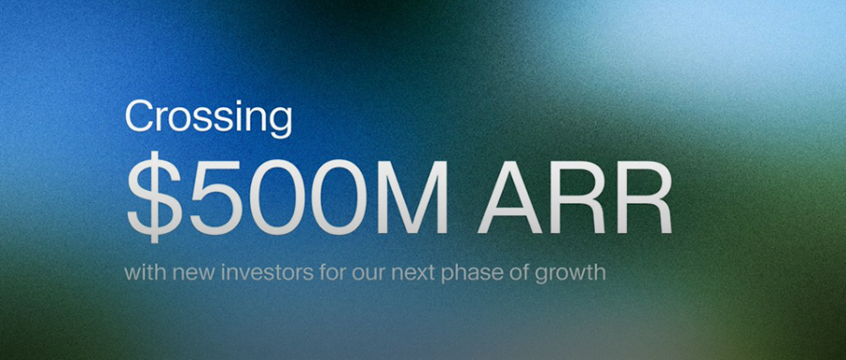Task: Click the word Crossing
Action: pyautogui.click(x=209, y=118)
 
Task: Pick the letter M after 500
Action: pyautogui.click(x=414, y=197)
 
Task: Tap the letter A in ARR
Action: pyautogui.click(x=509, y=197)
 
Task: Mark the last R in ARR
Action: pyautogui.click(x=645, y=197)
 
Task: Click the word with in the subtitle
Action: pyautogui.click(x=141, y=272)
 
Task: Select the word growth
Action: pyautogui.click(x=571, y=274)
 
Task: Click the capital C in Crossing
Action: pyautogui.click(x=139, y=116)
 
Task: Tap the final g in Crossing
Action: pyautogui.click(x=280, y=124)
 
